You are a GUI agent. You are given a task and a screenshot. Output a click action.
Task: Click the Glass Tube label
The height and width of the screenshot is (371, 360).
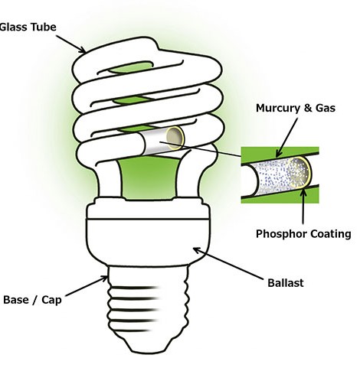tap(28, 27)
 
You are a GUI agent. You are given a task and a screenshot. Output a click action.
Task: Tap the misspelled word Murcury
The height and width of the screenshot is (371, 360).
tap(278, 108)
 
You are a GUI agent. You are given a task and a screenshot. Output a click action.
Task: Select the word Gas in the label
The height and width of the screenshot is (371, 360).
tap(326, 108)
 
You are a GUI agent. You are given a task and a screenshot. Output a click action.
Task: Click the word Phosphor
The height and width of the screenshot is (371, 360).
tap(280, 234)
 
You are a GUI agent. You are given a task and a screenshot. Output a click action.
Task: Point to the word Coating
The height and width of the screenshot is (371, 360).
tap(330, 234)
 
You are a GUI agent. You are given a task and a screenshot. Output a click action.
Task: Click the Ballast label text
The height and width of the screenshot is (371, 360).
tap(286, 283)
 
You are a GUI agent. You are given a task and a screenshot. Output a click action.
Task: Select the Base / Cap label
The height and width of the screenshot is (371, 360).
tap(32, 300)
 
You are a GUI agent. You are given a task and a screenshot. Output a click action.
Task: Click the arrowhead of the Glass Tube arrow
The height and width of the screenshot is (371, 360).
tap(83, 50)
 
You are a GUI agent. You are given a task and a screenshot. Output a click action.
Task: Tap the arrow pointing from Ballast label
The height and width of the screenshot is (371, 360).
tap(228, 263)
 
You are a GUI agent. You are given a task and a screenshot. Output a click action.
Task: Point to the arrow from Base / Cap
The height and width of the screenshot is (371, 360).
tap(87, 286)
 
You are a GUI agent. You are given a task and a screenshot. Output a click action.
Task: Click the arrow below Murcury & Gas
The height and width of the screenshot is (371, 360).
tap(286, 138)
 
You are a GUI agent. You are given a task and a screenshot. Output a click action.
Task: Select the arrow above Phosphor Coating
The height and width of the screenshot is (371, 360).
tap(303, 207)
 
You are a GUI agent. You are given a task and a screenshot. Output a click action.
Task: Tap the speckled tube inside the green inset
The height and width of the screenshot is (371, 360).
tap(277, 177)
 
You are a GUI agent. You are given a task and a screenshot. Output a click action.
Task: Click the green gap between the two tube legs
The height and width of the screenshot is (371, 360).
tap(149, 177)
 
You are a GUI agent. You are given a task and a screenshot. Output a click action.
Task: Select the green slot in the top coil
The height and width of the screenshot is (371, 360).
tap(129, 67)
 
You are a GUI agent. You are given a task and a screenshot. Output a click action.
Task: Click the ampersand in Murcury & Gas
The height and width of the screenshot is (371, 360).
tap(308, 108)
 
